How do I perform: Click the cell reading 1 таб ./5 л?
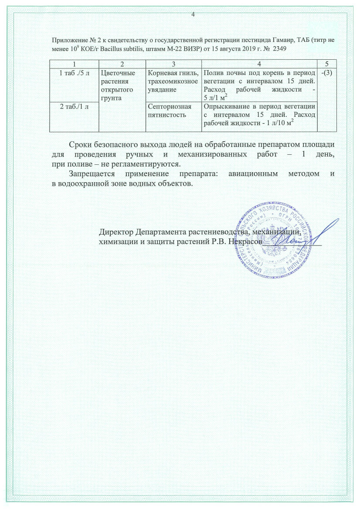click(75, 73)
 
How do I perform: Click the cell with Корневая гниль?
click(173, 73)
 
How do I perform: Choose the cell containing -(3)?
click(326, 73)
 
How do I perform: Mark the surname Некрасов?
click(245, 241)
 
